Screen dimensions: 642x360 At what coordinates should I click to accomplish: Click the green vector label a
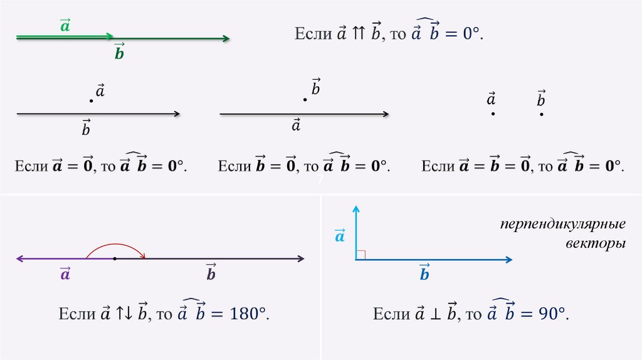pos(65,26)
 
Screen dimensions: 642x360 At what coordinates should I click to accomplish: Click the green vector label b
pos(119,53)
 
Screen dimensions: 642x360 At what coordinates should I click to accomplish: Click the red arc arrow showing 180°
pos(115,246)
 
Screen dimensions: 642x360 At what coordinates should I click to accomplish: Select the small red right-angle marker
pos(360,254)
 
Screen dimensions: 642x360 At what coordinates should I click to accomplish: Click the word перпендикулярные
pos(562,225)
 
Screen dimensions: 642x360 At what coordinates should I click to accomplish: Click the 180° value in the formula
pos(247,314)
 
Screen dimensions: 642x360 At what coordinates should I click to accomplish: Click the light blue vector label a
pos(340,236)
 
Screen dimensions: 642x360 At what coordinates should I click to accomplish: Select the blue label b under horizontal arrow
pos(424,274)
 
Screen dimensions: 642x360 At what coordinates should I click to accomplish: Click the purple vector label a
pos(65,274)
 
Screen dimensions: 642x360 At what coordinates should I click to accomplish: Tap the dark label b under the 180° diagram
pos(211,274)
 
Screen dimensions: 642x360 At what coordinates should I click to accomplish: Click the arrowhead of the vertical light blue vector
pos(355,209)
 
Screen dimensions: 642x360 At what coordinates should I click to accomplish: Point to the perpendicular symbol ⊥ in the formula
pos(433,314)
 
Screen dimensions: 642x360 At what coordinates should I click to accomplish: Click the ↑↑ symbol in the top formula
pos(358,34)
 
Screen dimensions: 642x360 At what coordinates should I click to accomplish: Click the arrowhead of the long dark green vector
pos(226,40)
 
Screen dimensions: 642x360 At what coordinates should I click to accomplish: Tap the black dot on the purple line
pos(115,258)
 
